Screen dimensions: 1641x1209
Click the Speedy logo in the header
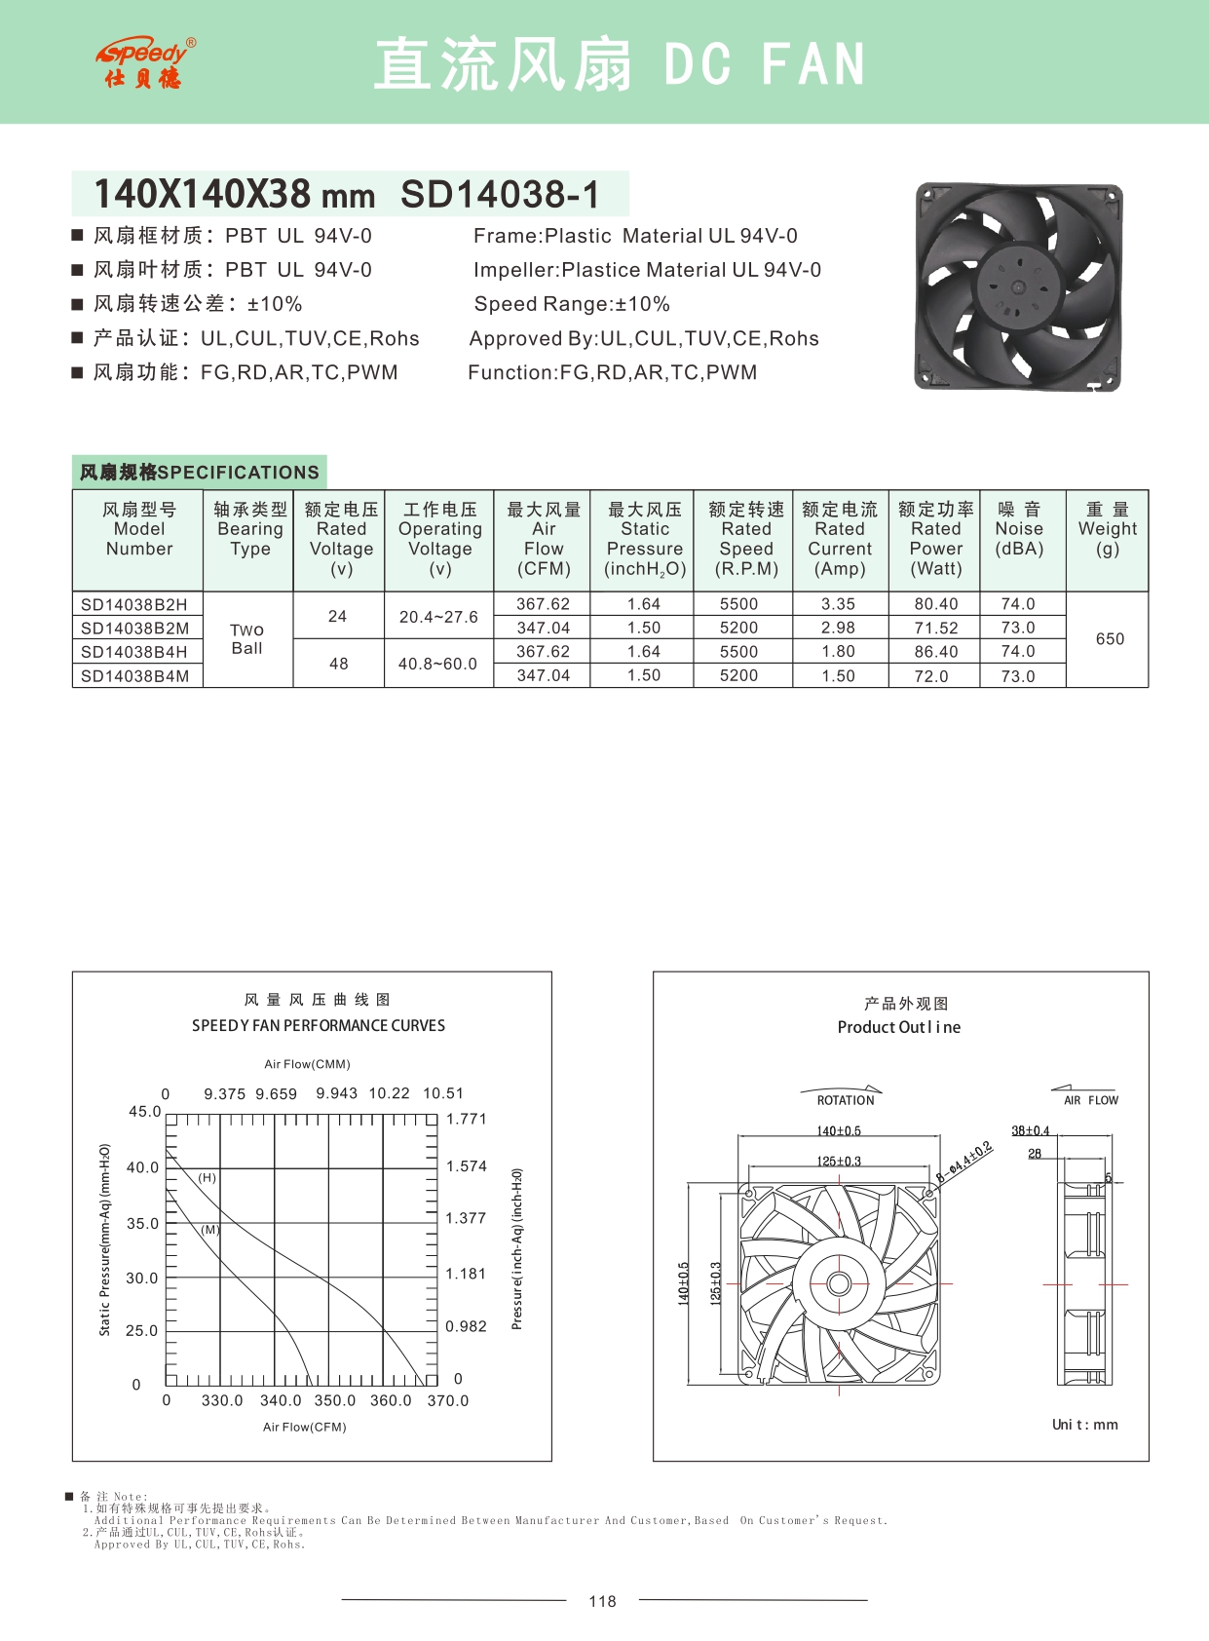point(145,63)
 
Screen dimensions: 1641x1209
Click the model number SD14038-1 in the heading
point(500,194)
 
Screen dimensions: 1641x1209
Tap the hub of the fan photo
point(1018,287)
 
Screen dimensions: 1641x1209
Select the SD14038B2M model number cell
point(135,629)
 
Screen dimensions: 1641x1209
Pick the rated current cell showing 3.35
point(838,604)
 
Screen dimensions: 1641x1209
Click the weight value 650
point(1110,639)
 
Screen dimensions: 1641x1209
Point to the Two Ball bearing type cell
point(247,639)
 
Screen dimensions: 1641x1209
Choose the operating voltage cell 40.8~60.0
point(437,664)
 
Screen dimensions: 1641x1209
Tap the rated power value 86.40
point(935,652)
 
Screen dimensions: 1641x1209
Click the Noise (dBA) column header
point(1019,529)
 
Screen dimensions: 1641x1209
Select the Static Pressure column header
point(645,539)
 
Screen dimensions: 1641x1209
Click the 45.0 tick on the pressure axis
point(144,1111)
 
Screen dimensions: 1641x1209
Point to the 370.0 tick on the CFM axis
point(447,1400)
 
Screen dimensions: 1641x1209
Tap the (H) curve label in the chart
point(208,1178)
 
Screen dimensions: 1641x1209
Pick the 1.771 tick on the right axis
point(467,1119)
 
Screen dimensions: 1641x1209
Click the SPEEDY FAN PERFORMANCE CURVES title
point(319,1025)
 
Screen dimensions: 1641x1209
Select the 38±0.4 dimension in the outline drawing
point(1030,1131)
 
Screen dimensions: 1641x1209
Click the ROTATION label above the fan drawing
point(846,1100)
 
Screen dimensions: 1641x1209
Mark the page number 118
point(602,1601)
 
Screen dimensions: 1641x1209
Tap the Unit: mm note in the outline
point(1084,1425)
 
